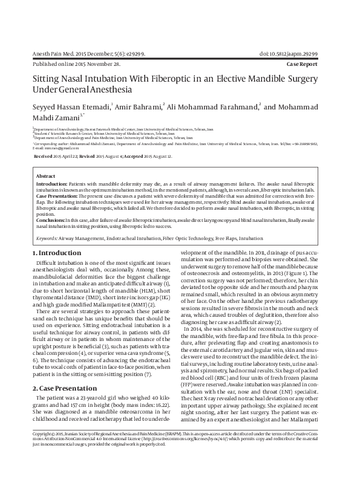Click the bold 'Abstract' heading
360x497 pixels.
coord(46,175)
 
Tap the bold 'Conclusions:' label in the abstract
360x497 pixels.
coord(51,221)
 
